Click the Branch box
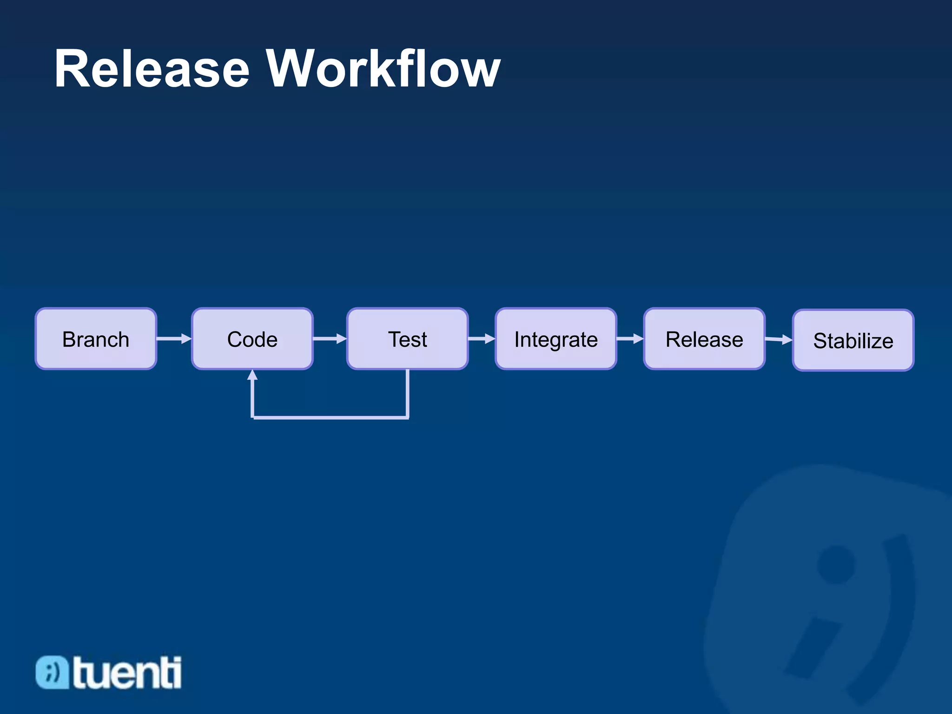coord(96,339)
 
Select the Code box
coord(252,339)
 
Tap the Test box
coord(407,339)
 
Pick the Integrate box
coord(556,339)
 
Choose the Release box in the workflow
coord(704,339)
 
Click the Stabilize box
coord(853,340)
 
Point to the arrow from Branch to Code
coord(174,339)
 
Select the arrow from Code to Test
coord(330,339)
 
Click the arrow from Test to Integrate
coord(482,339)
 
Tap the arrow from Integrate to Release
coord(630,339)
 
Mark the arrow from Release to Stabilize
coord(779,340)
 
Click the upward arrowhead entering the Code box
coord(252,375)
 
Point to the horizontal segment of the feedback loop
coord(330,417)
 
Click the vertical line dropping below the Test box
coord(408,393)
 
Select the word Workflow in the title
coord(383,69)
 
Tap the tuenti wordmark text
coord(127,673)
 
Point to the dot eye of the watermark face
coord(836,564)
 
